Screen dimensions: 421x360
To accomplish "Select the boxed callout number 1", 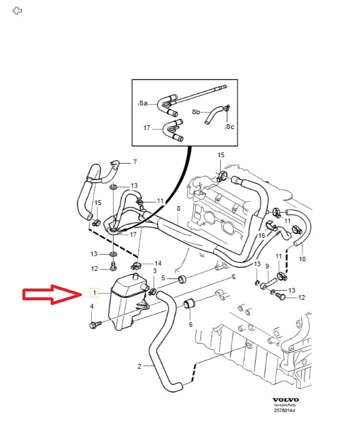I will pyautogui.click(x=94, y=293).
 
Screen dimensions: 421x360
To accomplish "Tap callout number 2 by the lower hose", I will pyautogui.click(x=140, y=366).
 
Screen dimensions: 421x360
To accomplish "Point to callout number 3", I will pyautogui.click(x=154, y=270).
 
